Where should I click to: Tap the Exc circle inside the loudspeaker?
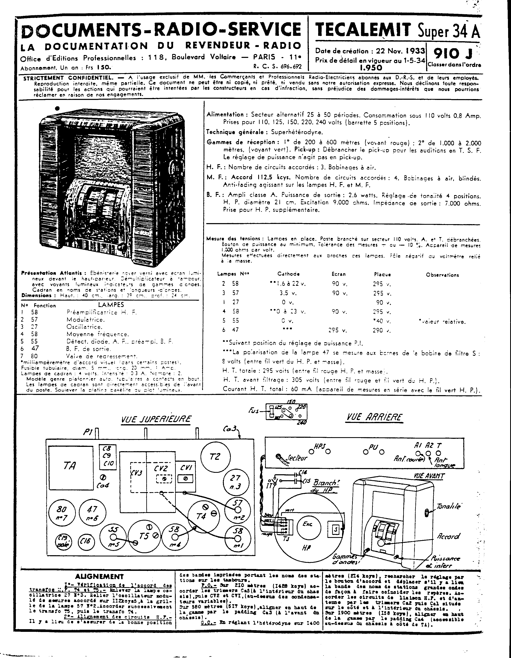click(x=308, y=524)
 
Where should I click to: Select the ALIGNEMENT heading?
click(x=100, y=576)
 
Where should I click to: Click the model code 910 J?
click(x=453, y=54)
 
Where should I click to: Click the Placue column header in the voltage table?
click(x=382, y=274)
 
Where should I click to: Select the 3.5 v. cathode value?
click(x=288, y=293)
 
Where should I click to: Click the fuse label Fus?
click(x=254, y=411)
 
